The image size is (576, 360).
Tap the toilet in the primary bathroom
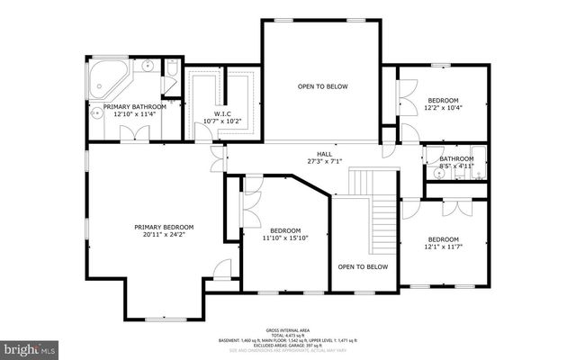172,67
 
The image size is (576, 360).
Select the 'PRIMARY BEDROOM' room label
164,227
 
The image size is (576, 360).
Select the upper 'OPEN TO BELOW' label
322,86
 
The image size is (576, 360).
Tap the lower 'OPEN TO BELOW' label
363,266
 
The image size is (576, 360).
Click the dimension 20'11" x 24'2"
164,235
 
